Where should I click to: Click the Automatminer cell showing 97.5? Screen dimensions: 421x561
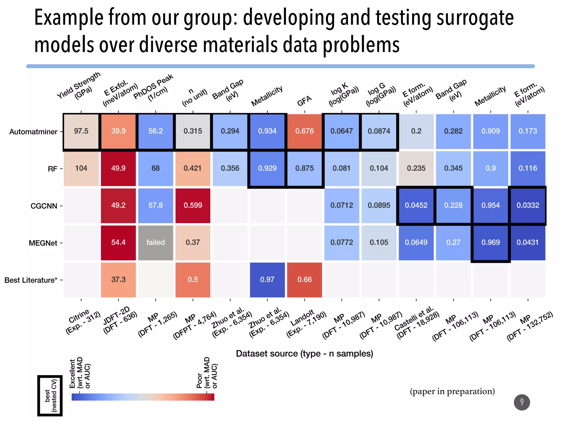(x=81, y=131)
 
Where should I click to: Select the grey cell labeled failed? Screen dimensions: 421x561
(x=155, y=243)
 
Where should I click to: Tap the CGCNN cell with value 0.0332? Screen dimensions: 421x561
(x=528, y=206)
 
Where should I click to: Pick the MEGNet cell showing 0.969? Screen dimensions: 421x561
(x=490, y=243)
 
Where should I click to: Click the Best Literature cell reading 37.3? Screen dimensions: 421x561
(x=118, y=280)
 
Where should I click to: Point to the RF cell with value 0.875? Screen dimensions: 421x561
(x=304, y=168)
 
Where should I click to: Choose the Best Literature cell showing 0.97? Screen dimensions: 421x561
(x=267, y=280)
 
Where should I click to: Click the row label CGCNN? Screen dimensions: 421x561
(x=44, y=206)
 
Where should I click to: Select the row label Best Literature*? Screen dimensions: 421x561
(x=31, y=280)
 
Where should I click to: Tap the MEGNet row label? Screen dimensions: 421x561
(x=43, y=243)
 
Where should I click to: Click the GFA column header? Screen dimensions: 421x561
(x=304, y=101)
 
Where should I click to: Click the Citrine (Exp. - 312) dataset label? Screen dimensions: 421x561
(x=82, y=321)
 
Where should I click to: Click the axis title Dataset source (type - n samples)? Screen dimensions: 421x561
(x=304, y=354)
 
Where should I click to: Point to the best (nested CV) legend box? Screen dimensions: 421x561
(x=50, y=396)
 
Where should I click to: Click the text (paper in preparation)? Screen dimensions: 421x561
(x=452, y=391)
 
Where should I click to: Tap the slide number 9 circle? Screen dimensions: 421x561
(x=522, y=402)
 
